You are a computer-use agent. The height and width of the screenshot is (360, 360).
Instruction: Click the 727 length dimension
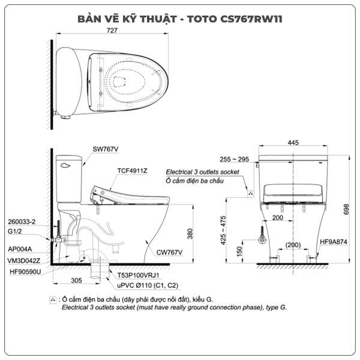tap(112, 30)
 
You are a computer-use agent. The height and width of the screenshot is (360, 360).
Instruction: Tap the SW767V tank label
tap(106, 149)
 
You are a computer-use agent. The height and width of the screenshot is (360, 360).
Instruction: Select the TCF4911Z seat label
tap(132, 171)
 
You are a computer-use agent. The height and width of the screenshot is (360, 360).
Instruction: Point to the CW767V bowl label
tap(169, 253)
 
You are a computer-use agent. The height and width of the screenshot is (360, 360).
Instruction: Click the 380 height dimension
tap(190, 234)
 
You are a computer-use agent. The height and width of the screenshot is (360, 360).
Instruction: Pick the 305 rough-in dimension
tap(76, 281)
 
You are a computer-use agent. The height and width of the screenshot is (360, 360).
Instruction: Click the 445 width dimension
tap(293, 143)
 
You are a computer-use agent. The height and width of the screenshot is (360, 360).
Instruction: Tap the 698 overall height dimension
tap(346, 209)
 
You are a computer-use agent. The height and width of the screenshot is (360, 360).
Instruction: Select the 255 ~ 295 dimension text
tap(234, 160)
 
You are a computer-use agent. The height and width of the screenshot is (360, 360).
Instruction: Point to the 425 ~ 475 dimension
tap(223, 230)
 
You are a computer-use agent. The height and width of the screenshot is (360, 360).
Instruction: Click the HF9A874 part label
tap(334, 242)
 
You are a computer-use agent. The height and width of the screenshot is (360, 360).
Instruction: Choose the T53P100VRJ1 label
tap(138, 275)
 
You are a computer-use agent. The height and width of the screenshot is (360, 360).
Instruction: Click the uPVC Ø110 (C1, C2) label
tap(148, 286)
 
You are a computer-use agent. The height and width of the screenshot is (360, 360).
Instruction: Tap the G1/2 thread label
tap(14, 232)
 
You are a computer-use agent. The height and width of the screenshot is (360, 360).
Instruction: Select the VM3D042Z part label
tap(23, 261)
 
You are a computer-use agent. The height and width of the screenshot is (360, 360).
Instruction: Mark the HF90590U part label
tap(25, 272)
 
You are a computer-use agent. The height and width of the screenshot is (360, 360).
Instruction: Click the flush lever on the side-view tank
tap(65, 166)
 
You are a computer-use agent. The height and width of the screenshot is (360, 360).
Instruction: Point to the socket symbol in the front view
tap(250, 194)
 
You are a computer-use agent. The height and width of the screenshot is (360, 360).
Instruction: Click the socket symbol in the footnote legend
tap(53, 300)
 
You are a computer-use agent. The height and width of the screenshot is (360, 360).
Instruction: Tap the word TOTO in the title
tap(202, 19)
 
